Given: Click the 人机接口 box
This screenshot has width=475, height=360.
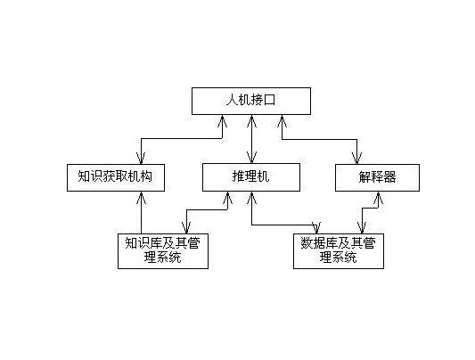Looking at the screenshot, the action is [x=251, y=101].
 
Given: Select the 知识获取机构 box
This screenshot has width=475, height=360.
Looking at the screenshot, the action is [x=116, y=177].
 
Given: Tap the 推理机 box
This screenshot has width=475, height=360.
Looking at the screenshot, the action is [x=251, y=177].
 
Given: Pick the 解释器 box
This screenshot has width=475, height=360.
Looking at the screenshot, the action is [x=377, y=177].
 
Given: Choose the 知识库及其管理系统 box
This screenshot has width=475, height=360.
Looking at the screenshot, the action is [x=163, y=251].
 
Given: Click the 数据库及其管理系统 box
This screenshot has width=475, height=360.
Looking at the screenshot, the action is [x=339, y=251].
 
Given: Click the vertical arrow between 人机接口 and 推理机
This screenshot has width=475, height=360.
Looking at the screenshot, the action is [x=251, y=139].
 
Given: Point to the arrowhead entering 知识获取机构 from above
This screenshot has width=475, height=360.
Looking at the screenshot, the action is [x=141, y=158].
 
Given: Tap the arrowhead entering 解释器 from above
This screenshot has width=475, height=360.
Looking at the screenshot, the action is [x=356, y=158].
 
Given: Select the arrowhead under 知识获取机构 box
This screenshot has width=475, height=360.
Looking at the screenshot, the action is [x=141, y=198].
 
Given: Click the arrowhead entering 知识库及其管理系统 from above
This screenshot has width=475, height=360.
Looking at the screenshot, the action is [x=186, y=228].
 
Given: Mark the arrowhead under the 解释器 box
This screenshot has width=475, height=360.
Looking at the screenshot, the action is [x=378, y=198].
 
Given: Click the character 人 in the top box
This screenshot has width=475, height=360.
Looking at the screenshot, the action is [x=232, y=100].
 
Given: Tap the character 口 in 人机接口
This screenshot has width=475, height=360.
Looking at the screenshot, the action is [x=270, y=100].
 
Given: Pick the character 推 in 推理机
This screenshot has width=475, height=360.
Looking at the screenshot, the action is [x=239, y=176].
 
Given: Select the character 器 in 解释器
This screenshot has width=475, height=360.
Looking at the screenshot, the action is [x=389, y=176].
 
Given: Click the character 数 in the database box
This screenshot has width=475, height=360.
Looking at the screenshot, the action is [x=307, y=243].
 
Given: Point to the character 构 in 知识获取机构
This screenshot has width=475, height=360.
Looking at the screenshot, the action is [x=146, y=176].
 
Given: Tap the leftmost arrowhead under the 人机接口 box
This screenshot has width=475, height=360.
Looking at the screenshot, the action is [x=223, y=121].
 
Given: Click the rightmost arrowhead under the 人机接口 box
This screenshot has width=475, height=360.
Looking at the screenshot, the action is [x=282, y=121].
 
